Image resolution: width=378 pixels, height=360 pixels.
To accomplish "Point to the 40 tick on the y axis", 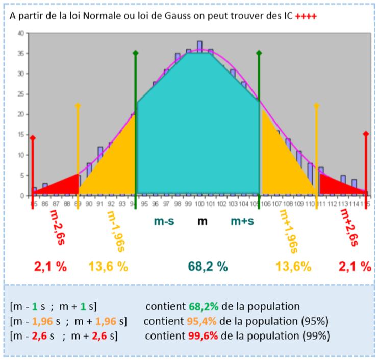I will (20, 33).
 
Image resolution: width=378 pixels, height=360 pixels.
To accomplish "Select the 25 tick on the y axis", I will (20, 94).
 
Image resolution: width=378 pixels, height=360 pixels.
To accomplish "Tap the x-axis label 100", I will (199, 204).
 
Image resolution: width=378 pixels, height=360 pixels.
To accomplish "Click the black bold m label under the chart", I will (203, 222).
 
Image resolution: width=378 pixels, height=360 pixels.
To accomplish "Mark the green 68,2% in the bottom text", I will (204, 307).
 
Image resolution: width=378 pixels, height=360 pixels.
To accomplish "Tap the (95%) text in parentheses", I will (314, 322).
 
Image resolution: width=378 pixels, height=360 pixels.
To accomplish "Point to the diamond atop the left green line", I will (135, 53).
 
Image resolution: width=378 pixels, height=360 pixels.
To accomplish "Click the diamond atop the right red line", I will (366, 134).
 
